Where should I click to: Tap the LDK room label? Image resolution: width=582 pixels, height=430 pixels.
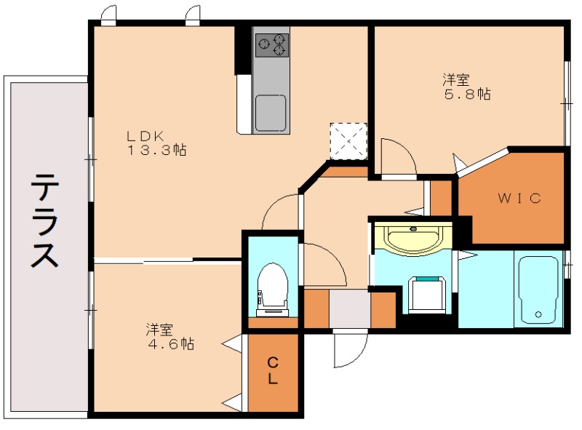148,136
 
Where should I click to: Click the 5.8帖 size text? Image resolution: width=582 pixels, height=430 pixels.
467,95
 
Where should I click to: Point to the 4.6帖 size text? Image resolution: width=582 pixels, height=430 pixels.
169,344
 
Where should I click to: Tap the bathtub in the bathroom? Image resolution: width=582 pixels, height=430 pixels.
538,290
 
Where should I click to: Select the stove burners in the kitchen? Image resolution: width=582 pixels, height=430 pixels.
271,45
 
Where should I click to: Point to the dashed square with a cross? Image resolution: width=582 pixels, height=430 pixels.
348,140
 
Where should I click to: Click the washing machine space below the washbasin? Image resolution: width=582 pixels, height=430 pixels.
426,292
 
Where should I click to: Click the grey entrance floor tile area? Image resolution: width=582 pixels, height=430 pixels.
350,308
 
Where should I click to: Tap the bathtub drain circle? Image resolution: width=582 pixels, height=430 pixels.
538,314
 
